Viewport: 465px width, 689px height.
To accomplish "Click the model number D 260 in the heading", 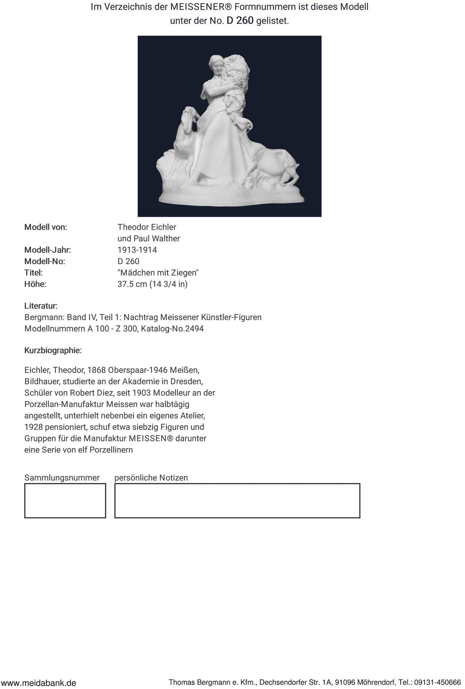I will [240, 21].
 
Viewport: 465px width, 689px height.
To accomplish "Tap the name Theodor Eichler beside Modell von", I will [147, 227].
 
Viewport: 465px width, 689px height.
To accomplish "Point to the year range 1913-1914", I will [137, 250].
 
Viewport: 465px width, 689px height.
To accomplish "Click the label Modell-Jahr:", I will [47, 250].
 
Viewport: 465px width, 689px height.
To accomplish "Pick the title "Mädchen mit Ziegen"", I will [158, 273].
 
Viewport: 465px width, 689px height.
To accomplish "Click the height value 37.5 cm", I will [132, 284].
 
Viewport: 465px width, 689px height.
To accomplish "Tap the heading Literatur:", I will [41, 306].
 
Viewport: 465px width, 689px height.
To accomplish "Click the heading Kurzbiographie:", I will [53, 351].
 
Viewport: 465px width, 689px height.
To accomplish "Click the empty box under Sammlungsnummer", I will [65, 501].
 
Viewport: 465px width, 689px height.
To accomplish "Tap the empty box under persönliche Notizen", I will [237, 501].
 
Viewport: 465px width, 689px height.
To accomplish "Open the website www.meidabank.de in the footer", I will [38, 683].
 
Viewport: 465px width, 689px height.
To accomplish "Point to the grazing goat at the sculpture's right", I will [276, 163].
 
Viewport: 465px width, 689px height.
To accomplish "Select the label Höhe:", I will [35, 284].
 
